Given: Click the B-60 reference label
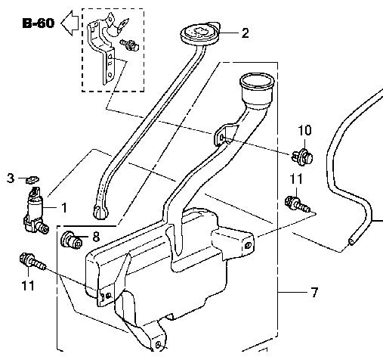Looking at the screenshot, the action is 39,23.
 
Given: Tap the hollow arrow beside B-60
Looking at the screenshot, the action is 69,23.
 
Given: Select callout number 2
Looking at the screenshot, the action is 245,33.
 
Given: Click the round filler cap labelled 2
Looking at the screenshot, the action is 200,33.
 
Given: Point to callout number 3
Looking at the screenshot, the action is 11,178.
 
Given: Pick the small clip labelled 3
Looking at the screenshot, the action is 32,180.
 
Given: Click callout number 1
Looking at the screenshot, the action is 64,208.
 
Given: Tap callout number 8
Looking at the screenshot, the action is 96,237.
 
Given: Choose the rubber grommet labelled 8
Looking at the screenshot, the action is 72,240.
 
